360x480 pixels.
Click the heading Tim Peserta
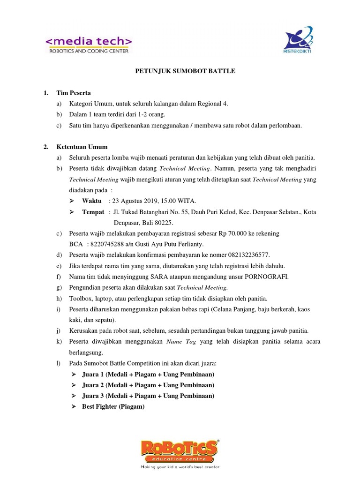tap(74, 93)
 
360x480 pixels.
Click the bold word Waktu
tap(92, 201)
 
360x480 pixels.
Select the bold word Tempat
tap(93, 212)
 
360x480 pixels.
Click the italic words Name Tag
tap(181, 342)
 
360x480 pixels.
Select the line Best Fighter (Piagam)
tap(113, 406)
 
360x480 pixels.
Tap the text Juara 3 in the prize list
tap(93, 396)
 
